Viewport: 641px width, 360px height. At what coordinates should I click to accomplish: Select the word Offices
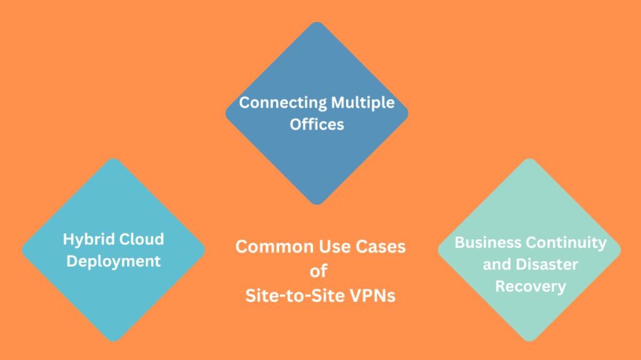pyautogui.click(x=317, y=124)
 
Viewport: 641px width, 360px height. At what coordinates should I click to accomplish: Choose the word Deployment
pyautogui.click(x=113, y=260)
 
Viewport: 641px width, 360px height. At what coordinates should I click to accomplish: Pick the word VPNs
pyautogui.click(x=368, y=295)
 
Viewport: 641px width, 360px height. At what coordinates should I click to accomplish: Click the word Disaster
pyautogui.click(x=546, y=264)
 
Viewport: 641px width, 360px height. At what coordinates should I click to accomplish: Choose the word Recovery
pyautogui.click(x=530, y=286)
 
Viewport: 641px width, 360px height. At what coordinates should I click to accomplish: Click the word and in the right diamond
pyautogui.click(x=498, y=264)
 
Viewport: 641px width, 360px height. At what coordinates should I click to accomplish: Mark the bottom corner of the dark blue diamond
pyautogui.click(x=317, y=203)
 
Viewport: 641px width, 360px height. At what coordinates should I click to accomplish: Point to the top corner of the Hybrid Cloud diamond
pyautogui.click(x=113, y=159)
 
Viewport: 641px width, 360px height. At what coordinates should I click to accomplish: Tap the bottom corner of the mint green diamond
pyautogui.click(x=530, y=341)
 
